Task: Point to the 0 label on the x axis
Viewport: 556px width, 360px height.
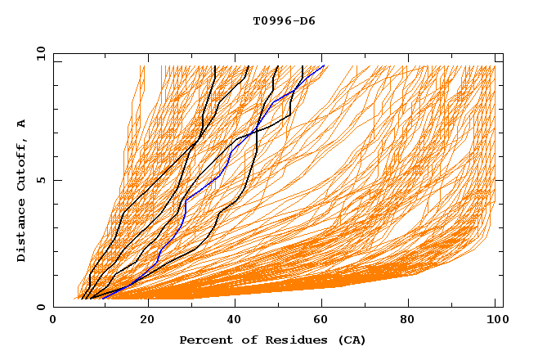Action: point(53,319)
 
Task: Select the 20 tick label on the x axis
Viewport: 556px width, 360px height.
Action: point(147,319)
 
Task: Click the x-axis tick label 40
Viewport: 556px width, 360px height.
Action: point(235,319)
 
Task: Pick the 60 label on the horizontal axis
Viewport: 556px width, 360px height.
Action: point(324,319)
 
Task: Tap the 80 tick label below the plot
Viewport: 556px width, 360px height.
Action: point(412,319)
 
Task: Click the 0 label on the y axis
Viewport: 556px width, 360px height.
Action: point(40,308)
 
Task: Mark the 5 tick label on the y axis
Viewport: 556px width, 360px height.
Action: point(40,180)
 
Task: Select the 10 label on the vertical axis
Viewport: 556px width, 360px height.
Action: point(40,54)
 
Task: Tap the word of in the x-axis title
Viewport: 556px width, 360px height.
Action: point(245,340)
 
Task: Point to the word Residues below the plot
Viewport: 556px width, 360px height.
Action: point(294,340)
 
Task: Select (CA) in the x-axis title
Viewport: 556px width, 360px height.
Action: point(351,340)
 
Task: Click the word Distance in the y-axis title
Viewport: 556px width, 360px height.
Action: point(22,232)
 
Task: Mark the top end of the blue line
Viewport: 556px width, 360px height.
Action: point(324,65)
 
